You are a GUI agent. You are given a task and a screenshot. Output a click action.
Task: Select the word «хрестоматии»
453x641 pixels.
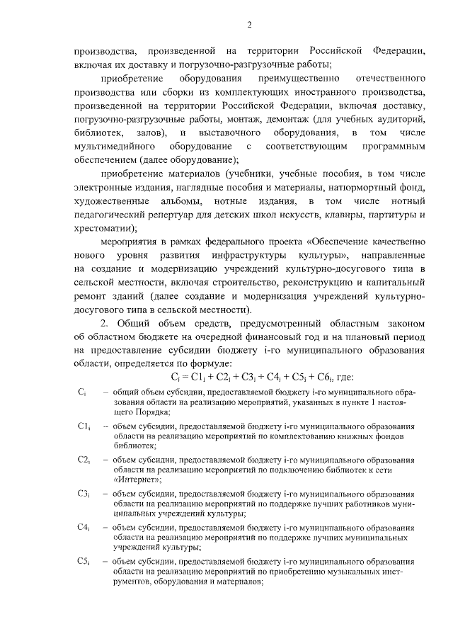point(103,228)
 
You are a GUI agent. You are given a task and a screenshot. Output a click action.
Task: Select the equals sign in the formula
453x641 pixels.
point(187,376)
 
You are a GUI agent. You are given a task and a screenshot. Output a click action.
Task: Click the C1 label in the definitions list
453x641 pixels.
point(84,426)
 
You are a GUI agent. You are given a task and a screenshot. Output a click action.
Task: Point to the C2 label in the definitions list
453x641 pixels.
point(84,460)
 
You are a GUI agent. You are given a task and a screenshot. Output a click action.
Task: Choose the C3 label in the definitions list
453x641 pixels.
point(84,493)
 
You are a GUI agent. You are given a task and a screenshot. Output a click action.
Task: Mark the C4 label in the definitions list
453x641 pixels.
point(84,527)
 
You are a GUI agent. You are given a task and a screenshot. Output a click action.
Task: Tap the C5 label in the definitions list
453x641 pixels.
point(84,561)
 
